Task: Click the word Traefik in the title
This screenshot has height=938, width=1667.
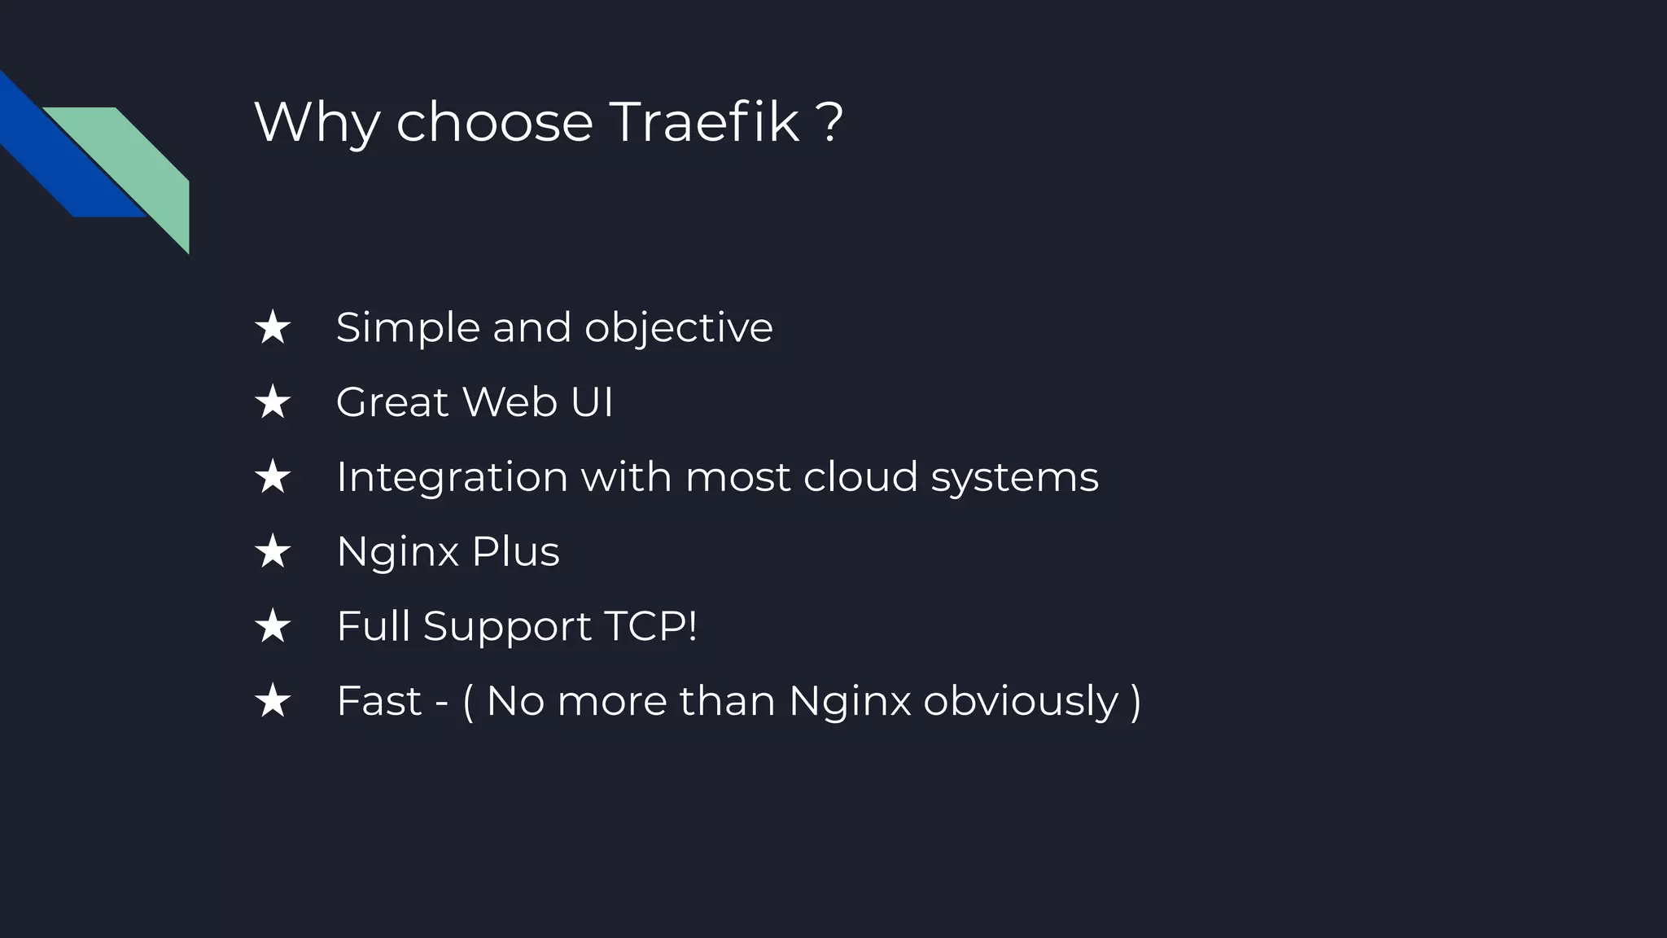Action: [x=704, y=122]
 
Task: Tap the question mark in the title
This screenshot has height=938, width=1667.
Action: [x=830, y=122]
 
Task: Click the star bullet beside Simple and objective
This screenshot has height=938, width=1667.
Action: [x=273, y=327]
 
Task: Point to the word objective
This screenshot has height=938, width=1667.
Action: [x=678, y=329]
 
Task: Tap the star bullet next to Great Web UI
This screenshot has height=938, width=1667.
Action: [x=273, y=402]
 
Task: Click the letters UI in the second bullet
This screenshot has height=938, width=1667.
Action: [x=592, y=402]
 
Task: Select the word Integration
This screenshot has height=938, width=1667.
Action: [x=452, y=477]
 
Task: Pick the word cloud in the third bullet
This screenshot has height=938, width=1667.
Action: [x=860, y=476]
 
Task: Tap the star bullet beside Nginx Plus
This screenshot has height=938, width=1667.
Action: [x=273, y=552]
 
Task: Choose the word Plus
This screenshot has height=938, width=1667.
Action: [x=515, y=551]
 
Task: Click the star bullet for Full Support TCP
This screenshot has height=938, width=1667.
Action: [x=273, y=627]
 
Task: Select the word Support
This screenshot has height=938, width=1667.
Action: [x=507, y=628]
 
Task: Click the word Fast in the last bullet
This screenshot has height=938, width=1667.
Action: [x=379, y=701]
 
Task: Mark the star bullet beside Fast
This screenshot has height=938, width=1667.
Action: [x=273, y=702]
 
